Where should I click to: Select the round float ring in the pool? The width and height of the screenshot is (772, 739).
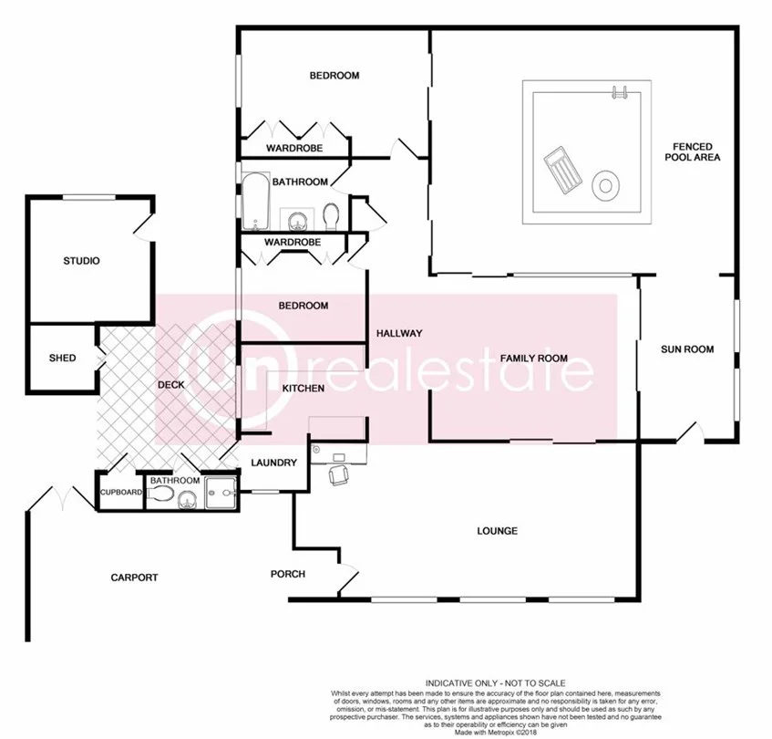tap(604, 186)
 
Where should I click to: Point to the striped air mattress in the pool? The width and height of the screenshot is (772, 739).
tap(561, 172)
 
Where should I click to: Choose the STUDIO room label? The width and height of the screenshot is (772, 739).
tap(80, 261)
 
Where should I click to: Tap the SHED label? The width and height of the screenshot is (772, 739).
tap(62, 358)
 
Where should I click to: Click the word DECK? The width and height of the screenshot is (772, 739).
tap(170, 385)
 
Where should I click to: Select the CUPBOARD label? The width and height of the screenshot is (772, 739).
tap(121, 493)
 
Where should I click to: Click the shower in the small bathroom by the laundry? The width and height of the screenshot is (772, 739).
tap(220, 494)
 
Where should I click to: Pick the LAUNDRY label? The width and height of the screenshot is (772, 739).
tap(275, 463)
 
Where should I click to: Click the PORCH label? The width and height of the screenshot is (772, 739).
tap(287, 574)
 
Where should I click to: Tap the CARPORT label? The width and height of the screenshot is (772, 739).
tap(134, 577)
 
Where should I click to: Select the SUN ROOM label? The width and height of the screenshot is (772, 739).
tap(686, 349)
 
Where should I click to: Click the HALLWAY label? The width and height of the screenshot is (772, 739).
tap(399, 334)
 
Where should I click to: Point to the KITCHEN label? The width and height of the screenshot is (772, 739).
tap(303, 389)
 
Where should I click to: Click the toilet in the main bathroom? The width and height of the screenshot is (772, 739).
tap(332, 216)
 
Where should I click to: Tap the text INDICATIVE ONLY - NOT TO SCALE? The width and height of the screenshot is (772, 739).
tap(496, 683)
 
